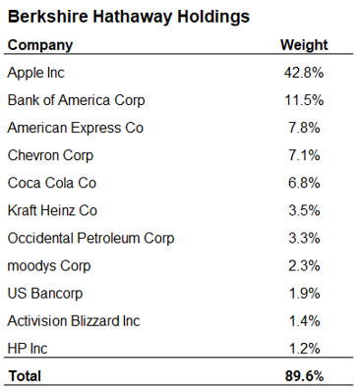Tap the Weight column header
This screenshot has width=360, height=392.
point(304,45)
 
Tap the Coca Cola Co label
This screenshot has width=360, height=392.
point(51,183)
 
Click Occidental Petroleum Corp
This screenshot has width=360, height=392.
point(90,238)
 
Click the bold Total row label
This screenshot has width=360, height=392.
point(27,375)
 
